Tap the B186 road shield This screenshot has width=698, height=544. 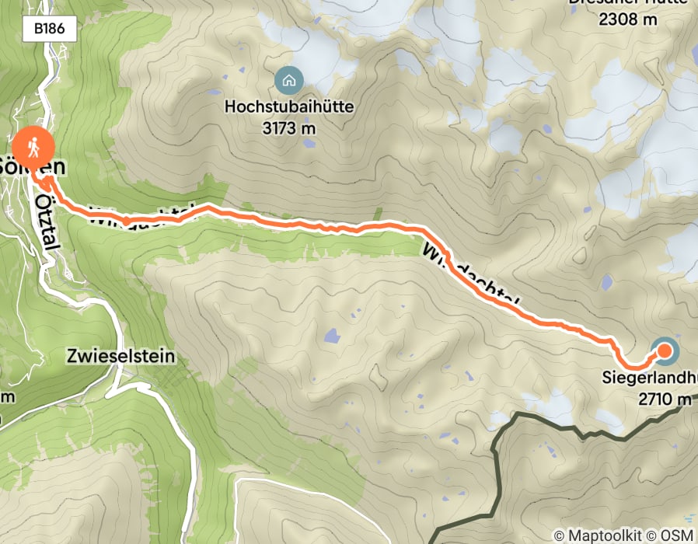pos(54,30)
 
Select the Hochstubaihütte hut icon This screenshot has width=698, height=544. pos(289,79)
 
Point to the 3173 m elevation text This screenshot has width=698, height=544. pos(289,127)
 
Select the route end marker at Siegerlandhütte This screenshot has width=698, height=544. pos(665,352)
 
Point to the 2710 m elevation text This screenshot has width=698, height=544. pos(665,399)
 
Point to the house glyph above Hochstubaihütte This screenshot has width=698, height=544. pos(289,79)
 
